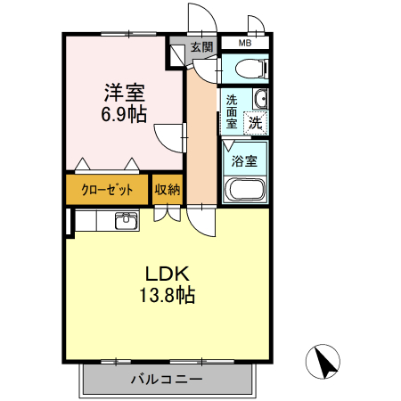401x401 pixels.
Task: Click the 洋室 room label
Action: click(125, 93)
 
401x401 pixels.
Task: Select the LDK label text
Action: click(166, 275)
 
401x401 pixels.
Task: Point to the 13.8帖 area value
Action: click(166, 296)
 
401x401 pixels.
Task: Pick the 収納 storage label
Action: click(168, 190)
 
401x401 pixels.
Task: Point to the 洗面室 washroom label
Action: click(231, 111)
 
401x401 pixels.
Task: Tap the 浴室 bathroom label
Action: click(244, 161)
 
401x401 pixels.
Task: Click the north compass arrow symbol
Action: click(325, 362)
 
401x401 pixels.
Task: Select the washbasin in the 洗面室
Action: click(259, 100)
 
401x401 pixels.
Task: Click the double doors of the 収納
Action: click(167, 214)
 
